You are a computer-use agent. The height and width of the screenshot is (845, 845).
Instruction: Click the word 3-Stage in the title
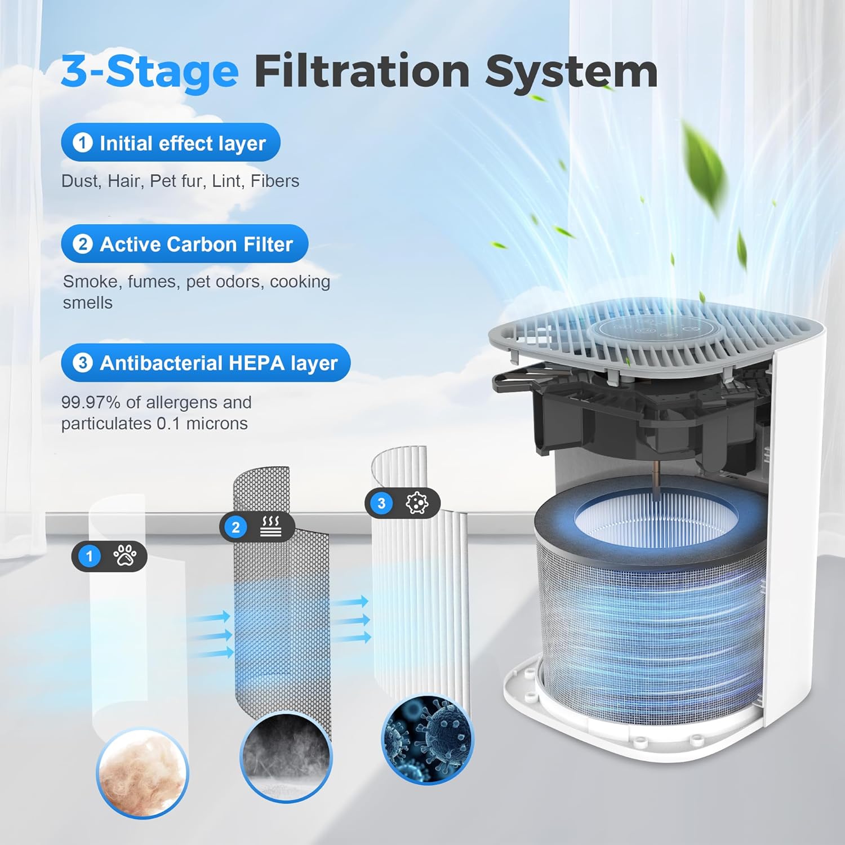click(x=150, y=72)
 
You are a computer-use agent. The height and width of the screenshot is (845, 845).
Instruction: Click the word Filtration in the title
click(x=362, y=71)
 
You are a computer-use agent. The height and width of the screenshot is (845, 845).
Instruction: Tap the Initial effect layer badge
click(x=170, y=143)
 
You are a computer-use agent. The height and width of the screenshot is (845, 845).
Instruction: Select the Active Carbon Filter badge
click(x=184, y=244)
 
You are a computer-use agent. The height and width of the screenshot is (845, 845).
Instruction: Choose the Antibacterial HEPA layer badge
click(x=206, y=363)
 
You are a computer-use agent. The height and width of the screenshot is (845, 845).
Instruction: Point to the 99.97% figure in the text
click(x=90, y=402)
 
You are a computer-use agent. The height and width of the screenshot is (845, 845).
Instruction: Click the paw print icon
click(x=124, y=556)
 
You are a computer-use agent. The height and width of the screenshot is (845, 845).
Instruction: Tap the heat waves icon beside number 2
click(x=271, y=527)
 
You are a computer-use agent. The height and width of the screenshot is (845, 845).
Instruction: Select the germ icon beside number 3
click(x=417, y=503)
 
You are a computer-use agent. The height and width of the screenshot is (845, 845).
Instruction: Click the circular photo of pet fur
click(x=142, y=772)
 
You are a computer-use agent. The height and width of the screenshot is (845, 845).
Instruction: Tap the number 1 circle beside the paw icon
click(x=89, y=557)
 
